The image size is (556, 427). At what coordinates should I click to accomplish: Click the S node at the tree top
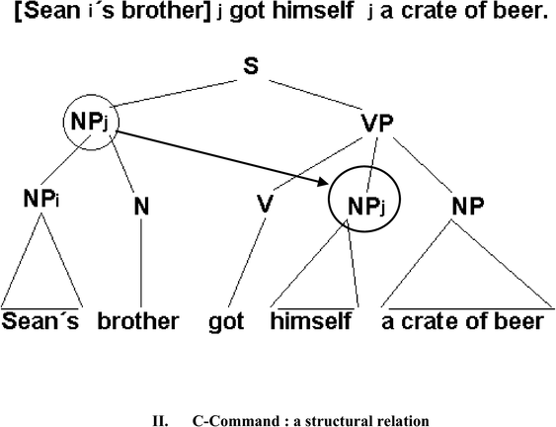pyautogui.click(x=251, y=66)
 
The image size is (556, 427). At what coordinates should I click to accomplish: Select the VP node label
pyautogui.click(x=377, y=123)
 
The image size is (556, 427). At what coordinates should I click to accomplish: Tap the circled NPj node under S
pyautogui.click(x=91, y=123)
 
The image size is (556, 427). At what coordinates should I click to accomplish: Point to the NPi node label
pyautogui.click(x=41, y=198)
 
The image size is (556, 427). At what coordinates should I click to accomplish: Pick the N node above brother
pyautogui.click(x=141, y=206)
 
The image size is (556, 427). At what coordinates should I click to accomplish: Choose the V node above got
pyautogui.click(x=265, y=204)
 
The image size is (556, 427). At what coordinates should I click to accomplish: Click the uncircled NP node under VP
pyautogui.click(x=467, y=206)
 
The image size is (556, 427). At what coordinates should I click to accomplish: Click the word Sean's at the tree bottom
pyautogui.click(x=40, y=321)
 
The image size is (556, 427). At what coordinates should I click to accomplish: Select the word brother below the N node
pyautogui.click(x=138, y=321)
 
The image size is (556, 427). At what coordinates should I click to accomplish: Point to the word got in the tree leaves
pyautogui.click(x=226, y=322)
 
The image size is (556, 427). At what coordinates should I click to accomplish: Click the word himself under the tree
pyautogui.click(x=311, y=320)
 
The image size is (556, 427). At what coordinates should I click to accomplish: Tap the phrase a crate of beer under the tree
pyautogui.click(x=462, y=321)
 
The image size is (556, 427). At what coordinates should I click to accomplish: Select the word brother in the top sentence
pyautogui.click(x=166, y=11)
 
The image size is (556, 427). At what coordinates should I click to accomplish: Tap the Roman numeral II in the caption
pyautogui.click(x=160, y=421)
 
